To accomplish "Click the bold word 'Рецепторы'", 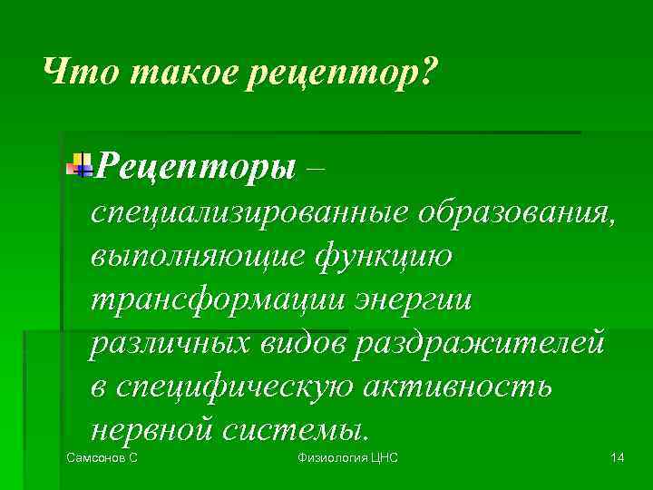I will tap(196, 166).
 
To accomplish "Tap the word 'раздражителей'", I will tap(481, 344).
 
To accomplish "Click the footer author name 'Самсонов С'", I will tap(102, 458).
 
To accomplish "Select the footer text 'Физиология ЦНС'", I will tap(348, 458).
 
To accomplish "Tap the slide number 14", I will tap(617, 458).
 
